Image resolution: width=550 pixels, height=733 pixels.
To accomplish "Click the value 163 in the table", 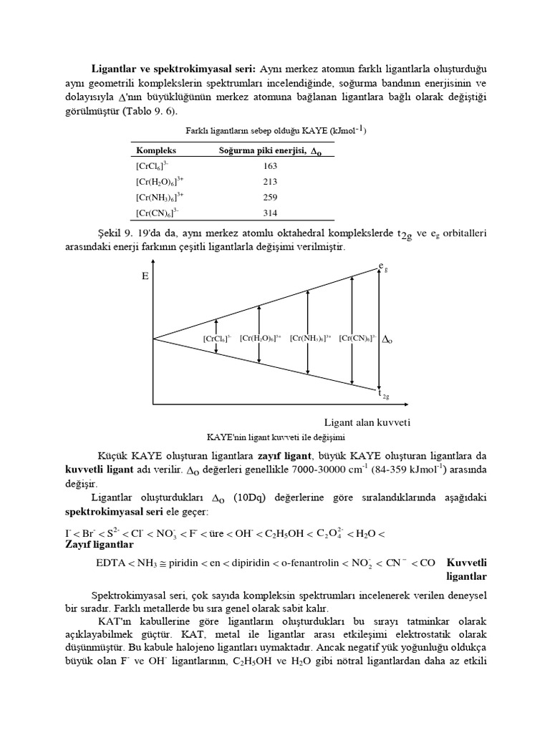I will click(x=270, y=166).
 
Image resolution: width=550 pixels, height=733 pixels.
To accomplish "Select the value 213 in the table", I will click(x=270, y=182).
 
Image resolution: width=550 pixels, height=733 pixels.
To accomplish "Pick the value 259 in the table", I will click(x=270, y=197).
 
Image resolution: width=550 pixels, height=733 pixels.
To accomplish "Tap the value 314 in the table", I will click(x=270, y=213).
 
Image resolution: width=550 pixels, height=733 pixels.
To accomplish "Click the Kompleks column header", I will click(x=156, y=151).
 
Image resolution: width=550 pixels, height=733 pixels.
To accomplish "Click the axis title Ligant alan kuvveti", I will click(x=367, y=422).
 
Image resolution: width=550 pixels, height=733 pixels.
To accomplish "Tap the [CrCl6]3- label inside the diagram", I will click(x=217, y=339).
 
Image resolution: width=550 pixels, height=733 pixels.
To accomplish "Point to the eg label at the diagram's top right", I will click(x=383, y=268).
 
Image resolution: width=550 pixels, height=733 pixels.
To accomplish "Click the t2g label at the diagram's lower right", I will click(x=383, y=393).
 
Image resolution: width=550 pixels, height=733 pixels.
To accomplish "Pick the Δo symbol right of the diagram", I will click(x=388, y=340).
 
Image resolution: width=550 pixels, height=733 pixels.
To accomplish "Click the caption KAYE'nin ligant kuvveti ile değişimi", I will click(x=280, y=437).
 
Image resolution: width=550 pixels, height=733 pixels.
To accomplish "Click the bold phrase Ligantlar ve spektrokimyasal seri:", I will click(x=173, y=69).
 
